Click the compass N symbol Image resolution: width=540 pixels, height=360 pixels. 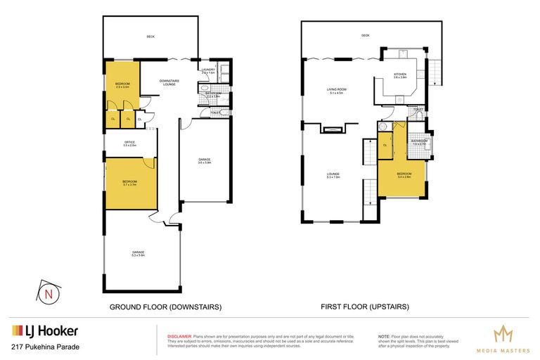47,293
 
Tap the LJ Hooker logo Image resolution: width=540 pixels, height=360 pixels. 44,331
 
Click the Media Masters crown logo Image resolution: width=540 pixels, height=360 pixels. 503,333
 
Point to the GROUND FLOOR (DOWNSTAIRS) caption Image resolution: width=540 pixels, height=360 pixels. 165,307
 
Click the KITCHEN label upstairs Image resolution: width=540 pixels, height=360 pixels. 400,75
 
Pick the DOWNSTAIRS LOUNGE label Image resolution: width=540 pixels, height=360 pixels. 169,82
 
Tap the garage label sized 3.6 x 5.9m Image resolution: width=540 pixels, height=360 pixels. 204,162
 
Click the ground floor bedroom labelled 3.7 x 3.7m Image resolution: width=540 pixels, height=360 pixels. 129,183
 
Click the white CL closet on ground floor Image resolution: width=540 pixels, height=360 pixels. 139,120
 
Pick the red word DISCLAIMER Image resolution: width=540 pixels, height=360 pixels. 175,336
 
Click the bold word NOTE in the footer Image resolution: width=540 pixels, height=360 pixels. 384,336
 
